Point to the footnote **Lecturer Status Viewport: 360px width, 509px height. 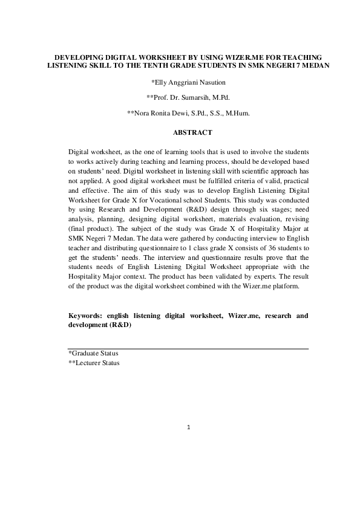pos(94,363)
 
